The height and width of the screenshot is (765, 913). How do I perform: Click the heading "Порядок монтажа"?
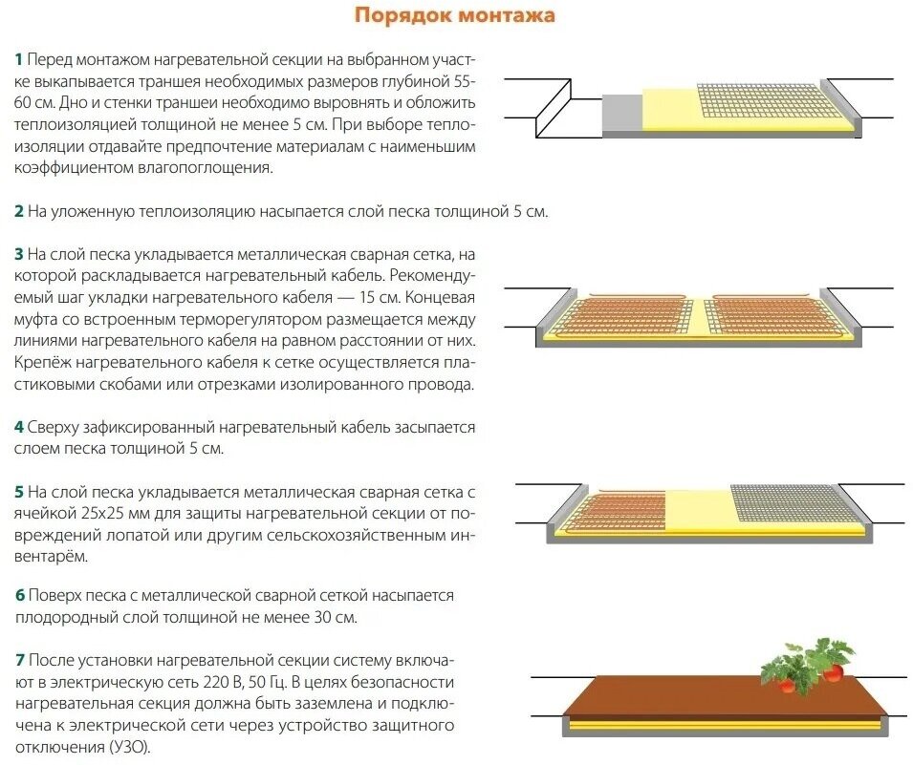(x=454, y=16)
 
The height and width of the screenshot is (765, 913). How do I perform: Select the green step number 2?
(x=18, y=211)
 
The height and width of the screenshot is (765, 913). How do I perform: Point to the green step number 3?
(x=18, y=255)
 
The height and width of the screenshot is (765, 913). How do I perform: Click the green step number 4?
(x=18, y=427)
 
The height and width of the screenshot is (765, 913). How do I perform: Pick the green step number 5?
(x=18, y=492)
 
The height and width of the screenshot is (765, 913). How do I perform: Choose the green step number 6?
(x=18, y=596)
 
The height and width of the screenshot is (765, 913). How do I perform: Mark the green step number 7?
(x=18, y=661)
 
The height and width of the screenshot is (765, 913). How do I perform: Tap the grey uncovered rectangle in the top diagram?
(x=621, y=113)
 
